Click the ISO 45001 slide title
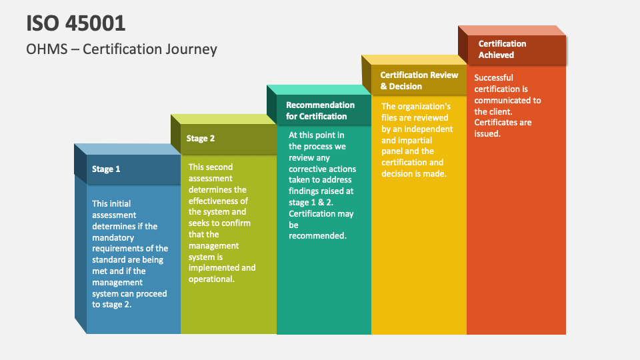[76, 23]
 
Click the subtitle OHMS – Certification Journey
[121, 49]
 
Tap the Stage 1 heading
[106, 169]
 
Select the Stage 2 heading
[201, 139]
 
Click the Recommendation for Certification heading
[320, 111]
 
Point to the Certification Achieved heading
[502, 49]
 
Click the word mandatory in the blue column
[113, 237]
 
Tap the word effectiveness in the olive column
[218, 201]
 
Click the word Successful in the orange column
[493, 77]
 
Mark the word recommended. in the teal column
[317, 236]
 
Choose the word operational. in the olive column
[211, 279]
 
